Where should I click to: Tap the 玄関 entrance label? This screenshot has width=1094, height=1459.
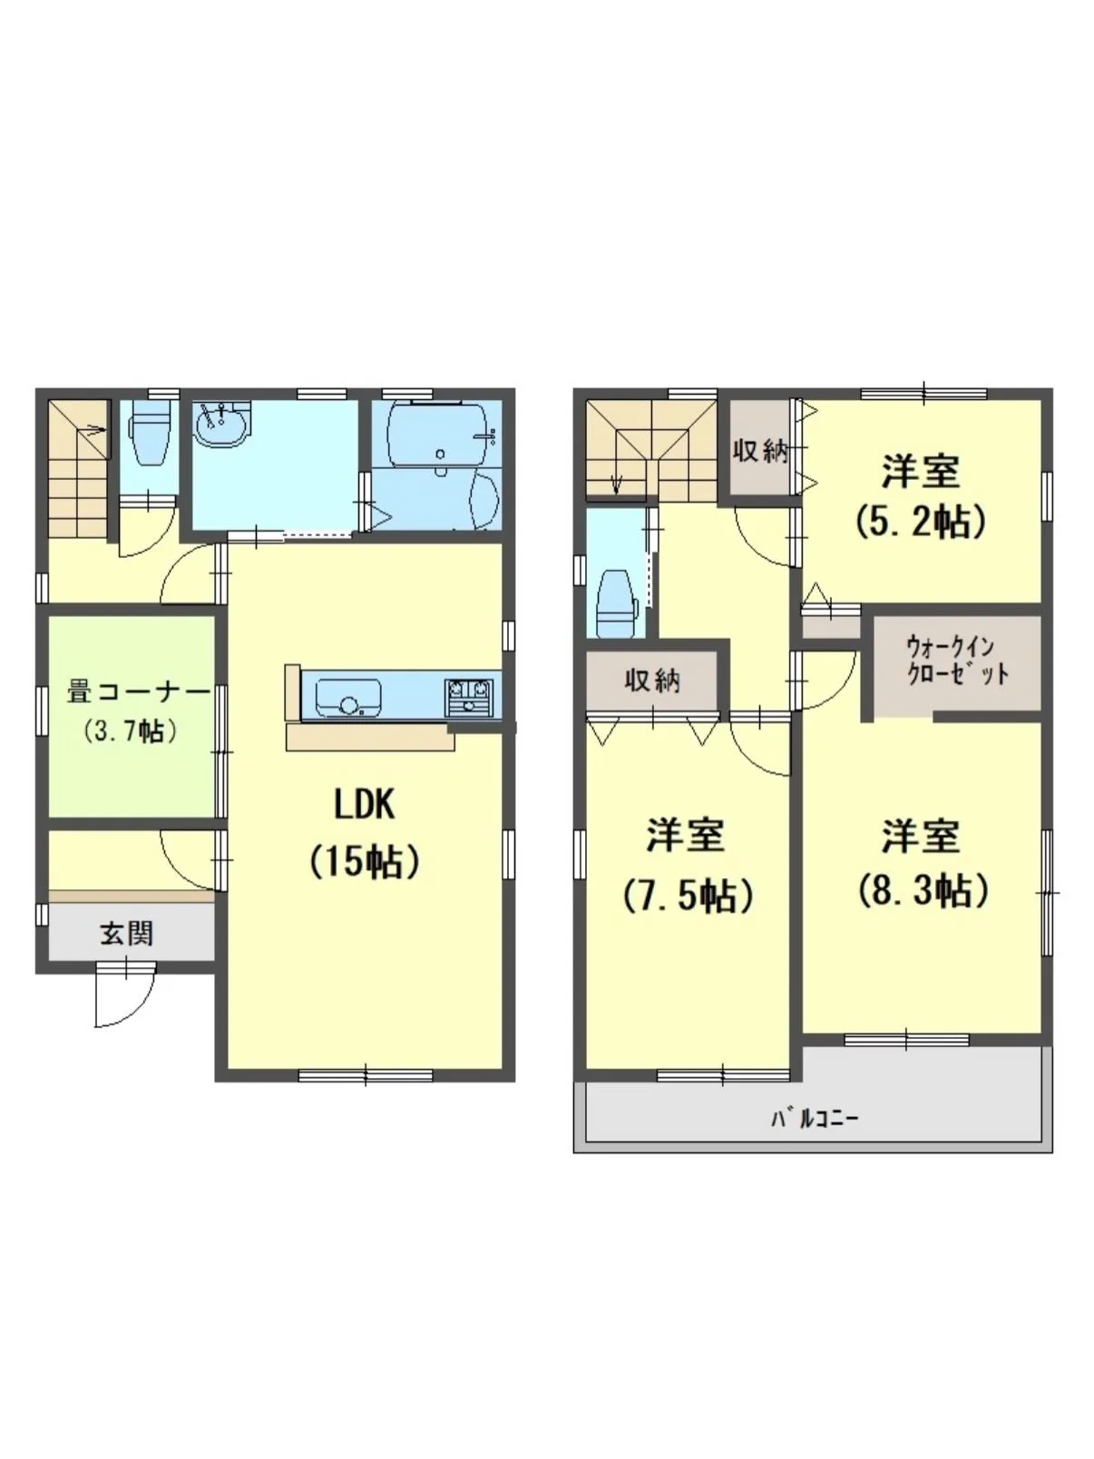127,934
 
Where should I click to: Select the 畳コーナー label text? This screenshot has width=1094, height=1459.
138,692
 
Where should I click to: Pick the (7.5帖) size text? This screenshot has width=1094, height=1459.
688,896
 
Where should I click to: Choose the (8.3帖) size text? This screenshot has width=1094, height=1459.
922,891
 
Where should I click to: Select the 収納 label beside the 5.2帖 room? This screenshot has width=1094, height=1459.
760,453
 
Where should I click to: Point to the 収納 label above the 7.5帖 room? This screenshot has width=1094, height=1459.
652,681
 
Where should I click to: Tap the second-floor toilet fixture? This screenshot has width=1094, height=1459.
617,605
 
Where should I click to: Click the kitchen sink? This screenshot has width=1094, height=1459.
348,697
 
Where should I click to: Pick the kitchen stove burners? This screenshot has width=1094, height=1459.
469,696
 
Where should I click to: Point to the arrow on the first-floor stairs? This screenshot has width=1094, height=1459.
93,431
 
